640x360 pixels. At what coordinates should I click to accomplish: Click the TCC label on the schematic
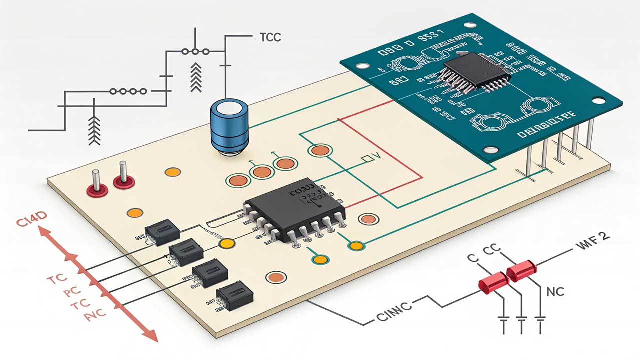pos(270,37)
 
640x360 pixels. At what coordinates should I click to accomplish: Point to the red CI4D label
pos(31,223)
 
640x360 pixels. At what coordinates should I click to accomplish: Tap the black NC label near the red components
pos(555,291)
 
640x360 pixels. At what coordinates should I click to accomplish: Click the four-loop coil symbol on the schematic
pos(128,91)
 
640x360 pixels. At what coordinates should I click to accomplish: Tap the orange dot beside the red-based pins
pos(172,172)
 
